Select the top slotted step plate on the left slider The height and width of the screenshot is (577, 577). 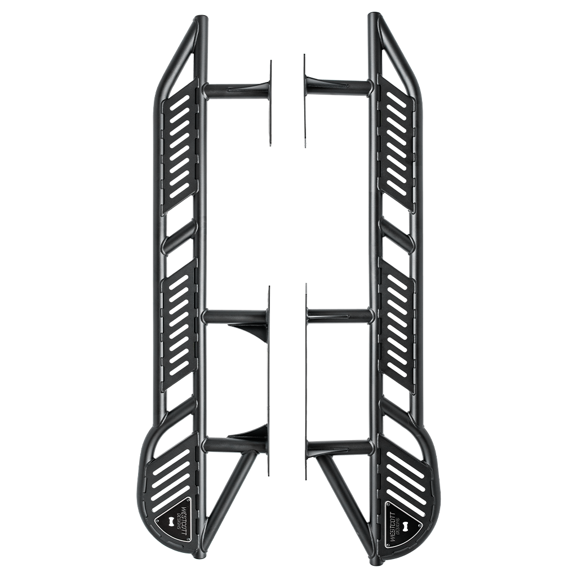coord(180,145)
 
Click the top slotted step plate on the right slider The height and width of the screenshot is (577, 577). coord(396,145)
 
